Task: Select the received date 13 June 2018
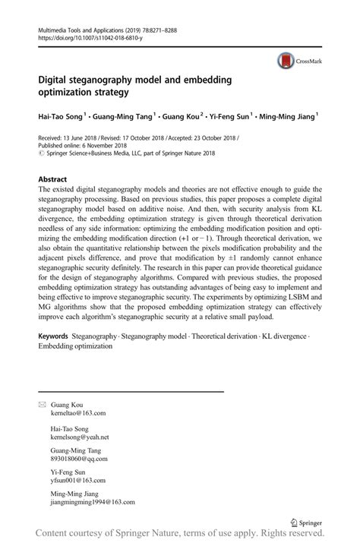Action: [78, 137]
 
